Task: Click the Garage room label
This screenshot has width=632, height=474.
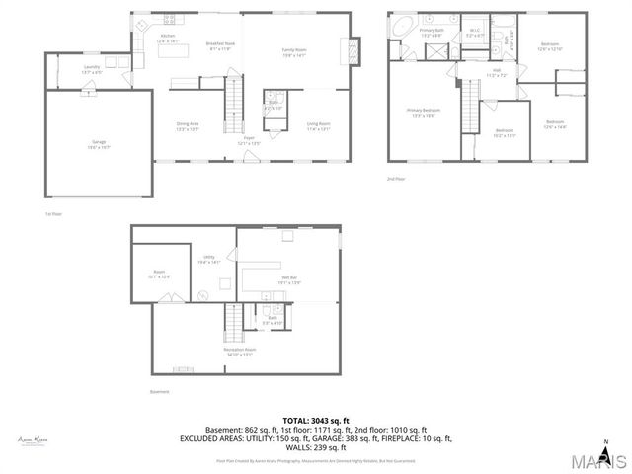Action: (99, 143)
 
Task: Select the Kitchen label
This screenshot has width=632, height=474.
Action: (168, 39)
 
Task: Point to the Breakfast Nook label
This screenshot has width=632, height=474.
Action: (219, 45)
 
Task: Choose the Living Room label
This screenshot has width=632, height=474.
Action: (318, 124)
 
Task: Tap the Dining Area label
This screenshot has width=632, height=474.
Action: (188, 124)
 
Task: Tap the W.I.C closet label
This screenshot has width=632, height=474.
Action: (474, 33)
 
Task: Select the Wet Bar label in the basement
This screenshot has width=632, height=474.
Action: (288, 280)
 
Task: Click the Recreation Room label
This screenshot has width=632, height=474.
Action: (238, 352)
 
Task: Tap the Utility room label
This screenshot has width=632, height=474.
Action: (209, 259)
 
